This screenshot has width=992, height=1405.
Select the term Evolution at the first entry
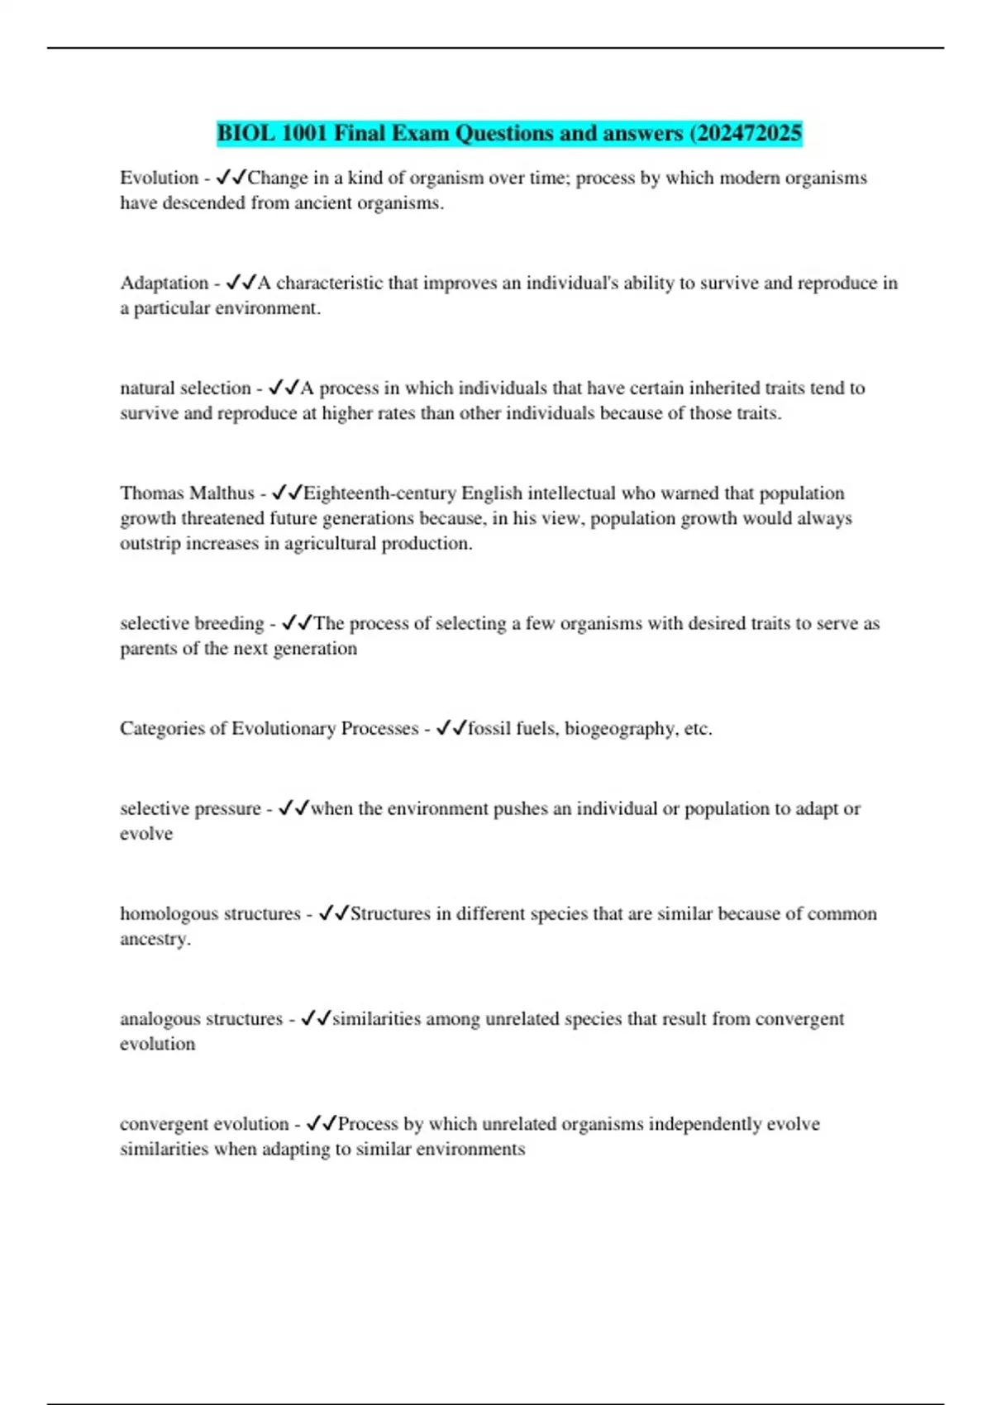159,178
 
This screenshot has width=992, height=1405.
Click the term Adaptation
164,283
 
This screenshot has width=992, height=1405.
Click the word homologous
169,914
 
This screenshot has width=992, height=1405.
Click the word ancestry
155,940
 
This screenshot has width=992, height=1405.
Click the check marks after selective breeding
297,622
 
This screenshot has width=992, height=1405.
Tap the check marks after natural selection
284,388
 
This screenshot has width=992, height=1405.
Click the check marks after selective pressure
293,808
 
